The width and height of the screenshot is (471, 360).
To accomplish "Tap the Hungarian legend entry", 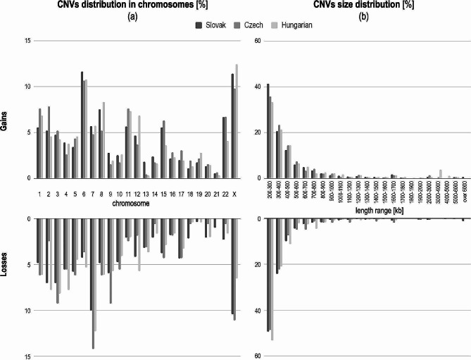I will click(x=302, y=25).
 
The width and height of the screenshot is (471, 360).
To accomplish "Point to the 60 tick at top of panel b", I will click(x=257, y=41).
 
